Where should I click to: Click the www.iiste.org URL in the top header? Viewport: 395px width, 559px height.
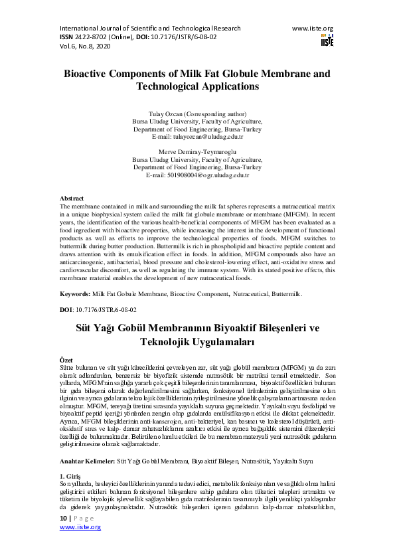point(312,29)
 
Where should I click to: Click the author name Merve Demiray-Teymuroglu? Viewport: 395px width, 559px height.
point(197,152)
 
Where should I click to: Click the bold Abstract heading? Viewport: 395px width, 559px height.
point(72,199)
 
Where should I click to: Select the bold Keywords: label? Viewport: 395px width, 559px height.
point(75,293)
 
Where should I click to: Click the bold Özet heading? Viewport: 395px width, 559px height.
point(67,359)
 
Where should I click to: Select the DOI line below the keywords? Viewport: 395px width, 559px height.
point(98,310)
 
